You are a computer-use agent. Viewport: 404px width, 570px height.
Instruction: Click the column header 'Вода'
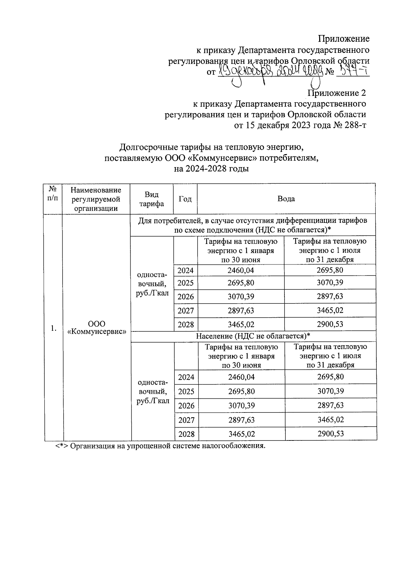[x=286, y=199]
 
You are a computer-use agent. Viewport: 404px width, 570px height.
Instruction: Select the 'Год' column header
[x=185, y=199]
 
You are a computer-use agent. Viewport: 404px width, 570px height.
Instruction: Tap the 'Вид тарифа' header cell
[x=151, y=199]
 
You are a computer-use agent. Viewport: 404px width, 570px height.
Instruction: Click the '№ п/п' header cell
[x=53, y=193]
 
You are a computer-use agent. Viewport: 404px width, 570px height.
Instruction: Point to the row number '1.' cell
[x=53, y=328]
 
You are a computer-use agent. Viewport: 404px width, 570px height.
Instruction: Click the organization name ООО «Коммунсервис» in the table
[x=97, y=327]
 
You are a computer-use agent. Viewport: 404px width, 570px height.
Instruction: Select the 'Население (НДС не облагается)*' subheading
[x=253, y=336]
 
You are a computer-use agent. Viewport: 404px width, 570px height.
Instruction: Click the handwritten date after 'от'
[x=269, y=71]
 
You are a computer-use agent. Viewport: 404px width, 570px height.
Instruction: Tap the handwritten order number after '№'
[x=352, y=71]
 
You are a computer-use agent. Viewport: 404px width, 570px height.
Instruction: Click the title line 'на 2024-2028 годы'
[x=211, y=169]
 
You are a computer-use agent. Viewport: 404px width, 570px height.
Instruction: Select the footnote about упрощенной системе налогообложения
[x=160, y=446]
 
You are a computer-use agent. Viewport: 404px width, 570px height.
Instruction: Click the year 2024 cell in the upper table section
[x=186, y=270]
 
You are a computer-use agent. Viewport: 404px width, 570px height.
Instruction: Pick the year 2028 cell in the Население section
[x=186, y=434]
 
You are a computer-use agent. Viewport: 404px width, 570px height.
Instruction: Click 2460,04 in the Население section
[x=241, y=377]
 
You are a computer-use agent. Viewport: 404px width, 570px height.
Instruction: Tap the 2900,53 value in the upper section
[x=330, y=324]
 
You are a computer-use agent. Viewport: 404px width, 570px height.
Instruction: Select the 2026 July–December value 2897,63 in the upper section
[x=330, y=296]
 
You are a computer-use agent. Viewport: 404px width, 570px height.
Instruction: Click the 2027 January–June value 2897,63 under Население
[x=241, y=420]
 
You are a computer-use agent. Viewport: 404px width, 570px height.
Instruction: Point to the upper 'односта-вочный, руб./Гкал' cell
[x=151, y=284]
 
